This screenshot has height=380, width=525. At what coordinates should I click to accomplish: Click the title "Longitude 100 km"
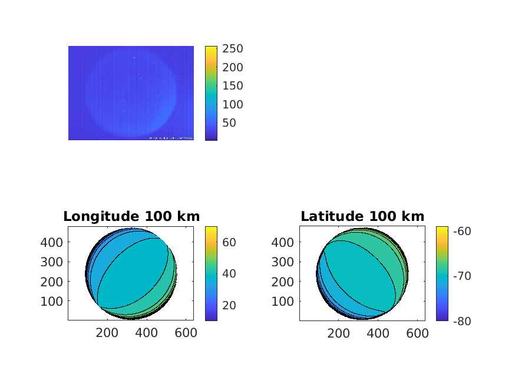click(131, 216)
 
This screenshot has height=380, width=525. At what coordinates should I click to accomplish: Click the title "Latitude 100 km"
click(362, 216)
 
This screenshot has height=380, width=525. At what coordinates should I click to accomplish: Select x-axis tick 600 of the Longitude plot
click(186, 333)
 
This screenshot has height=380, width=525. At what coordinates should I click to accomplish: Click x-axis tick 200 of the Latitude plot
click(339, 333)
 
